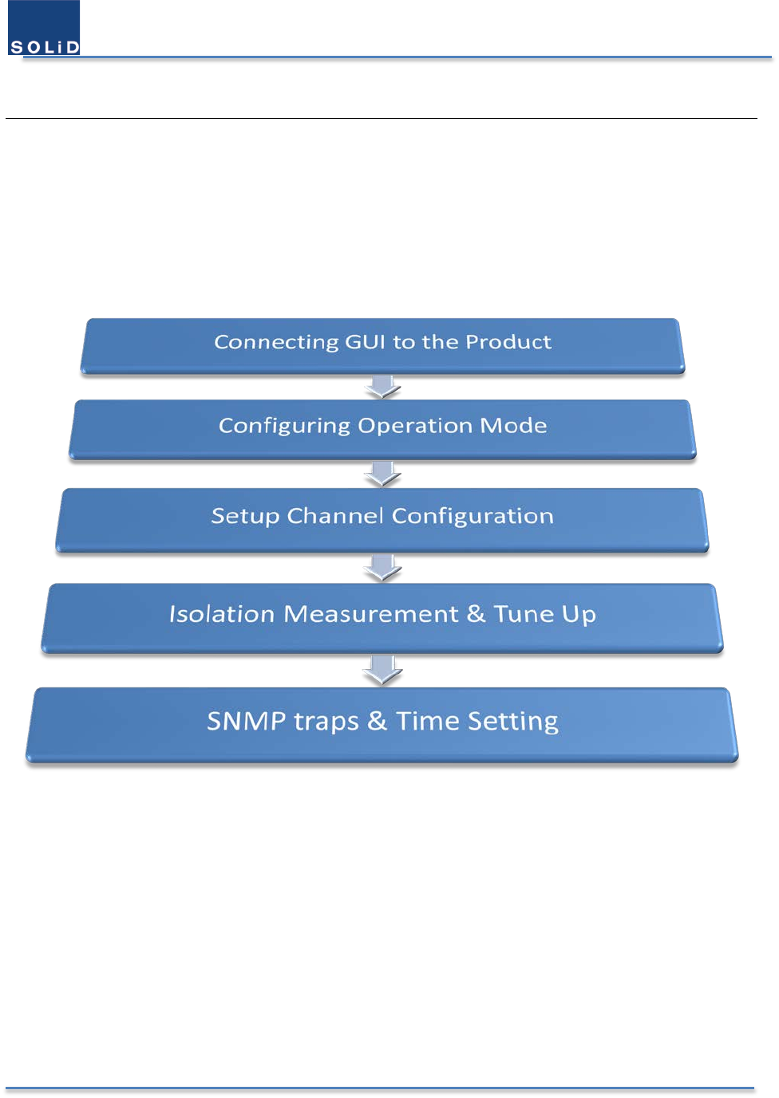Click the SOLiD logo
pos(44,27)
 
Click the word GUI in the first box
pos(366,341)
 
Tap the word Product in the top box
pos(508,341)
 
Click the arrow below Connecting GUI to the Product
pos(382,387)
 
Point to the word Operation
pos(415,426)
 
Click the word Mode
pos(513,425)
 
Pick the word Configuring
pos(284,426)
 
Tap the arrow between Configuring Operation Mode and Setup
pos(382,474)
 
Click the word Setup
pos(245,517)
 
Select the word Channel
pos(335,516)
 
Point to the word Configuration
pos(473,517)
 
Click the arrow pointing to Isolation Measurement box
pos(382,568)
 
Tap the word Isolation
pos(222,614)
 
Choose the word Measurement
pos(371,614)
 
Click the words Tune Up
pos(544,615)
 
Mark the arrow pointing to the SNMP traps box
pos(382,670)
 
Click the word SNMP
pos(247,721)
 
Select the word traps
pos(326,722)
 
